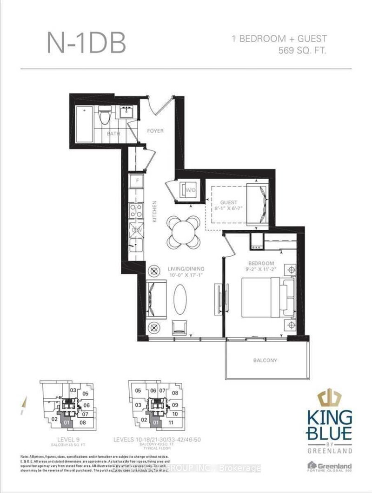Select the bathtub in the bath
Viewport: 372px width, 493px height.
pyautogui.click(x=84, y=124)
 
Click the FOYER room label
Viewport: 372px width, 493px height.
pyautogui.click(x=156, y=131)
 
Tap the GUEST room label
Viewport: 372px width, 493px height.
pyautogui.click(x=229, y=202)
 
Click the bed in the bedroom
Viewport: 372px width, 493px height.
pyautogui.click(x=263, y=298)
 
